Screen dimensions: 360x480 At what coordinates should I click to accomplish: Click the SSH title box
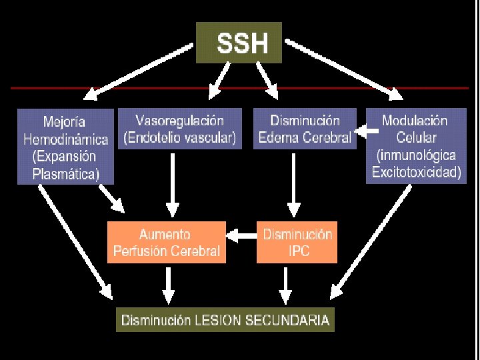[239, 43]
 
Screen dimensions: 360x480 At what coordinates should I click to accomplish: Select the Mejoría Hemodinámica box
[65, 146]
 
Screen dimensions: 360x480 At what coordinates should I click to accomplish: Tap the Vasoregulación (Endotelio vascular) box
[179, 129]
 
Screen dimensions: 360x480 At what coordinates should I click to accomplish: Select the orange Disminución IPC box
[297, 243]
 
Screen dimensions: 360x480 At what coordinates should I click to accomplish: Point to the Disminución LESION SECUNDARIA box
[225, 320]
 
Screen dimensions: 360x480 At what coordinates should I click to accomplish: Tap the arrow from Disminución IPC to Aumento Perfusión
[241, 235]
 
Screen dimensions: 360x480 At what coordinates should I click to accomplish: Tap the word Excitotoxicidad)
[415, 171]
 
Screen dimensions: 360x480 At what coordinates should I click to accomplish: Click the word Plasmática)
[66, 175]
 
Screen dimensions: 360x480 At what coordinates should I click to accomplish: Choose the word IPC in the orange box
[297, 252]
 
